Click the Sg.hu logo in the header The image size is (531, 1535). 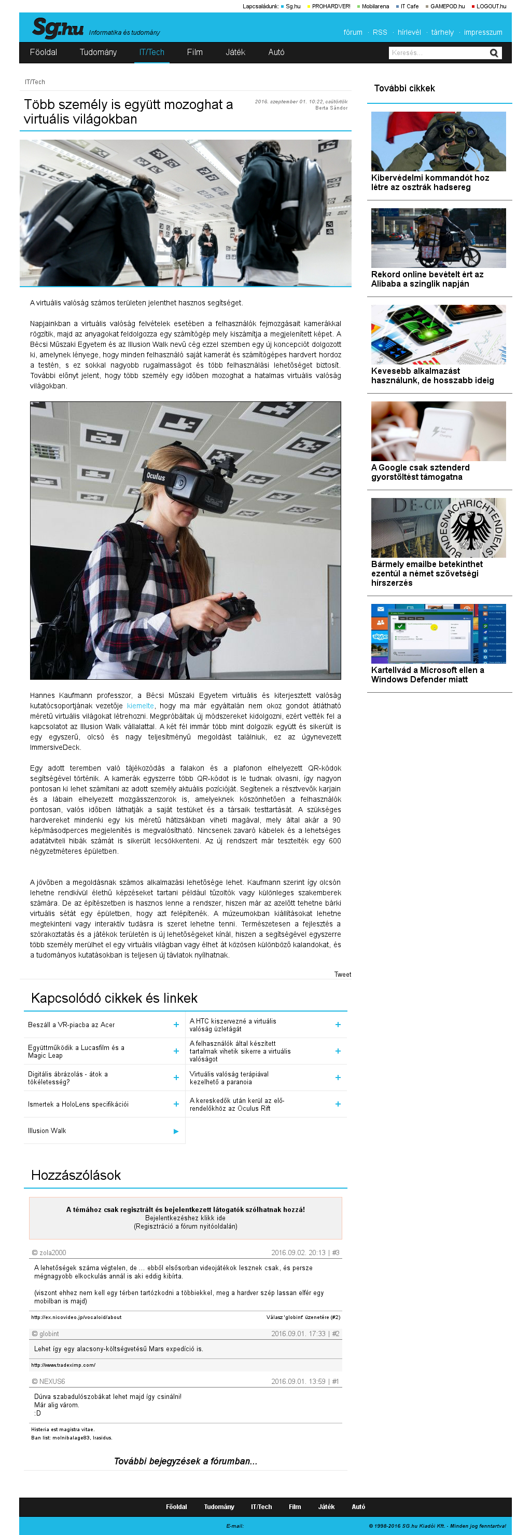point(58,28)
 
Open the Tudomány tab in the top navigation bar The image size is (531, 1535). point(98,52)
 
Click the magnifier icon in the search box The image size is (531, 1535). point(494,53)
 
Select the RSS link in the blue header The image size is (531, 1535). point(380,33)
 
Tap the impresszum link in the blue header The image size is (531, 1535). point(483,33)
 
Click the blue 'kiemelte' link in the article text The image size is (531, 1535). point(140,706)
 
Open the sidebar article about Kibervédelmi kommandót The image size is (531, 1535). point(430,182)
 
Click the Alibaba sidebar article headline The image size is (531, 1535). point(427,279)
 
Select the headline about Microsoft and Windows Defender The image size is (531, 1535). point(427,675)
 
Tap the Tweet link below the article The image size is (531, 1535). point(342,974)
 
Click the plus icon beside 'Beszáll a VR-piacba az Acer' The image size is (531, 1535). point(176,1025)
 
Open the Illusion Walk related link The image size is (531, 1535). point(47,1131)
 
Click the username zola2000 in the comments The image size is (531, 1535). point(52,1253)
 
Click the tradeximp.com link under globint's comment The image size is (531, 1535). point(63,1365)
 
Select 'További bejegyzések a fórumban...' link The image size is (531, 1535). point(185,1461)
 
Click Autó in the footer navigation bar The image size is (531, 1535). point(358,1507)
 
